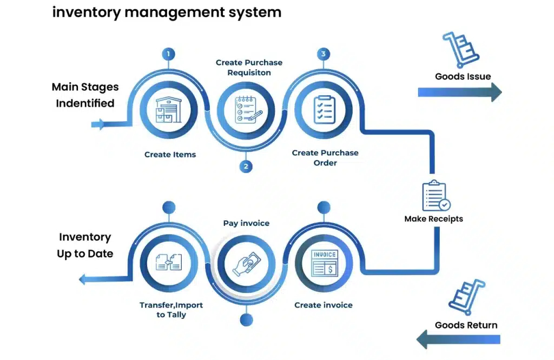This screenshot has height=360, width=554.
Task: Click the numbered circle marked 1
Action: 169,54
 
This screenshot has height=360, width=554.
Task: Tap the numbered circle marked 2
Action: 246,166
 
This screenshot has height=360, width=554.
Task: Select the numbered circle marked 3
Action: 324,54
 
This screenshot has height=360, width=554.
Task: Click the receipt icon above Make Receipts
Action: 436,195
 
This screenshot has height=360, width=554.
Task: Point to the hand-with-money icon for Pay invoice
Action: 247,263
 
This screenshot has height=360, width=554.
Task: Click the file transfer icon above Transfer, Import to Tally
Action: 169,263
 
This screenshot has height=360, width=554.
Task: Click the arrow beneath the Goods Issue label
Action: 460,92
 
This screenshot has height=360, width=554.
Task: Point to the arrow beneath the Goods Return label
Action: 459,340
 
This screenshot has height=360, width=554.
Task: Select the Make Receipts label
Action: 434,219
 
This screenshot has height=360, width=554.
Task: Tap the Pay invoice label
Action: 246,223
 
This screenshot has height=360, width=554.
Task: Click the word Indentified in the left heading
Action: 85,103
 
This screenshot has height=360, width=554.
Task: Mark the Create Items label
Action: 170,155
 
